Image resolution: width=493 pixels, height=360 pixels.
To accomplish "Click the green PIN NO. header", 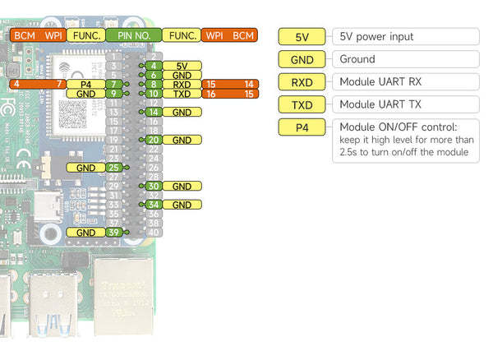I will click(x=133, y=35).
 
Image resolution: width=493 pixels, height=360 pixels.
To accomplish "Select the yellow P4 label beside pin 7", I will click(x=85, y=84).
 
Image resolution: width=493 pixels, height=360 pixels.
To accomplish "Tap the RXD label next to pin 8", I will click(x=182, y=84).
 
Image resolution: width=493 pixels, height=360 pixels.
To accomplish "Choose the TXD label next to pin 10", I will click(x=182, y=94).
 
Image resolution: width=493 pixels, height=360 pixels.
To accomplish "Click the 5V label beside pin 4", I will click(x=182, y=65).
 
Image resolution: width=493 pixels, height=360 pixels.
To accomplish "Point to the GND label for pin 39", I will click(x=85, y=233).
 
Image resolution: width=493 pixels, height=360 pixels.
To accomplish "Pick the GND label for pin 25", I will click(x=85, y=168).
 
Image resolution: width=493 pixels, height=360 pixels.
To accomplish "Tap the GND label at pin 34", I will click(x=182, y=205).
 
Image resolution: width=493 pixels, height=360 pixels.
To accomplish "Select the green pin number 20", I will click(x=154, y=140).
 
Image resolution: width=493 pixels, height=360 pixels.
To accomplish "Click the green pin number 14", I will click(x=154, y=112).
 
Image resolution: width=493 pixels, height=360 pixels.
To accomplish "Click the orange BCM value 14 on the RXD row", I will click(x=249, y=84).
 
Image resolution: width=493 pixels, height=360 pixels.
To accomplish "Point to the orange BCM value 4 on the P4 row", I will click(x=16, y=84).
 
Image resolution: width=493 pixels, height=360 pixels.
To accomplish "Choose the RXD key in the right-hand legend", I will click(x=302, y=81).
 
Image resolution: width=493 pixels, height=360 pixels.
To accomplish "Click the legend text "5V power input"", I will click(x=376, y=37).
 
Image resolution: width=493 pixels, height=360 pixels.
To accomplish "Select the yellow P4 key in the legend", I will click(x=302, y=127).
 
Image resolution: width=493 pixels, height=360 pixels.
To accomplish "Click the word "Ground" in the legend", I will click(x=357, y=59).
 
